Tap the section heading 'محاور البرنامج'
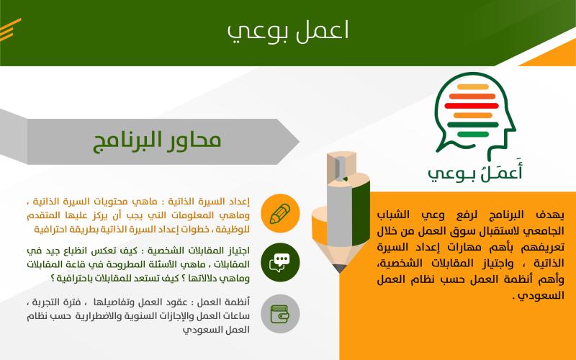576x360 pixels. [x=157, y=140]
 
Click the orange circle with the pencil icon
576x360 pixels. [x=280, y=213]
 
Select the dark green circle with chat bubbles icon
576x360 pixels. [x=280, y=262]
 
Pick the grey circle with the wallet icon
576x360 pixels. [x=280, y=314]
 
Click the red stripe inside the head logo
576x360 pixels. [x=472, y=106]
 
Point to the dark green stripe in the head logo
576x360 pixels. [x=473, y=125]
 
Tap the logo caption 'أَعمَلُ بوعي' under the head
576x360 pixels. [x=475, y=171]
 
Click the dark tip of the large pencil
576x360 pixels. [x=339, y=269]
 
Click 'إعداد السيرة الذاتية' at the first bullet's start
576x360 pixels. [x=209, y=202]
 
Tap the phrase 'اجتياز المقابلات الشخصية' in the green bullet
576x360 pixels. [x=199, y=251]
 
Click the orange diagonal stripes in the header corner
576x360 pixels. [x=10, y=30]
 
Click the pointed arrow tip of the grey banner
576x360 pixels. [x=299, y=141]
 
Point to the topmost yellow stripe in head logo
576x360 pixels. [x=473, y=87]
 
